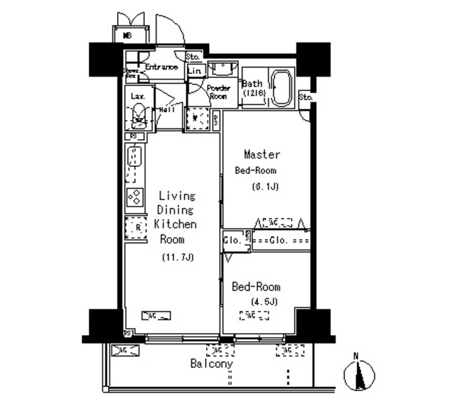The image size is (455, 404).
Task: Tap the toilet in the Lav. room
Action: tap(139, 116)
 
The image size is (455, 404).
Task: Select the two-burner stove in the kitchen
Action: tap(134, 197)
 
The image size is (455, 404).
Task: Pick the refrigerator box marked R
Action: tap(134, 228)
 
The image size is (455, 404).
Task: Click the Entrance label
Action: tap(161, 67)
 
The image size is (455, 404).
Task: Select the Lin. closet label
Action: tap(196, 71)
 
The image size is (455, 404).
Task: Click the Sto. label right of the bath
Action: tap(306, 97)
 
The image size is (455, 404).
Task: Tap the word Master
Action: tap(262, 154)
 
